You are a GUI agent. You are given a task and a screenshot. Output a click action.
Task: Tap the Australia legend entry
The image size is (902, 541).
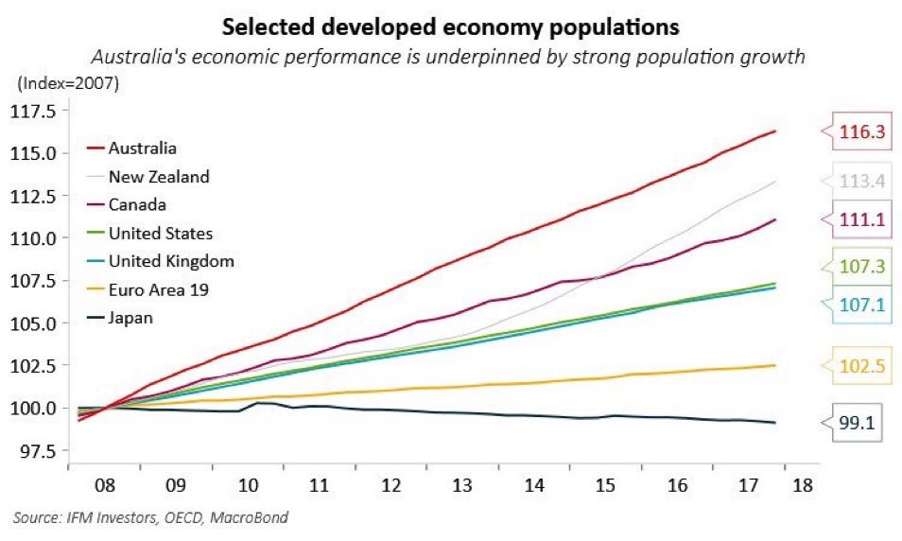pos(142,148)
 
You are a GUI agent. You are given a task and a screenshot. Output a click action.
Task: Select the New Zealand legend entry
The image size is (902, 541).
pos(159,176)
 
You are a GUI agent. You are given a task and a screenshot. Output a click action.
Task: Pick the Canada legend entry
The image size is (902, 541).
pos(138,204)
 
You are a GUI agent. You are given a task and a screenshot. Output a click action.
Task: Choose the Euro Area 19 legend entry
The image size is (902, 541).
pos(157,289)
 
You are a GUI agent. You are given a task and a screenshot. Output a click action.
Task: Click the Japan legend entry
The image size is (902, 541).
pos(130,318)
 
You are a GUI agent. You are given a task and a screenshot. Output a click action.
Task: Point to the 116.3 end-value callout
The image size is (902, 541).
pos(862,132)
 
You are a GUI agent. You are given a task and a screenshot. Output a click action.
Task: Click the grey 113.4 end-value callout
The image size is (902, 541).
pos(862,181)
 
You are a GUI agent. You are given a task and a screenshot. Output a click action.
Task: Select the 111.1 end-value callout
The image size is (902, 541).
pos(862,219)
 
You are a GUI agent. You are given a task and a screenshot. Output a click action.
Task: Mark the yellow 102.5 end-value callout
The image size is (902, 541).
pos(862,366)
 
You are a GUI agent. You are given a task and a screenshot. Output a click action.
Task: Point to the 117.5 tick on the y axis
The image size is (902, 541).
pos(36,111)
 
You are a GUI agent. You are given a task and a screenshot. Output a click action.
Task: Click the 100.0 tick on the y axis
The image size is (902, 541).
pos(36,408)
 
